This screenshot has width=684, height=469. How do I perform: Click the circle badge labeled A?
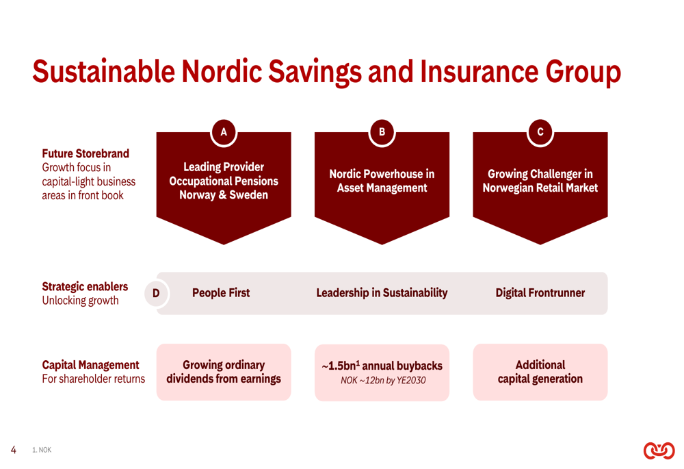pyautogui.click(x=224, y=132)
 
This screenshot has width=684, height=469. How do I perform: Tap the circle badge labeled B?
pyautogui.click(x=382, y=132)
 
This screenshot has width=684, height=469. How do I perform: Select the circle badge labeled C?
pyautogui.click(x=540, y=132)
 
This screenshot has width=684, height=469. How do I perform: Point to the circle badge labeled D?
pyautogui.click(x=156, y=293)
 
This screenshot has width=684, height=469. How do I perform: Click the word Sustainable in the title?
pyautogui.click(x=104, y=72)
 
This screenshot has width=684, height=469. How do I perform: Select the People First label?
pyautogui.click(x=221, y=293)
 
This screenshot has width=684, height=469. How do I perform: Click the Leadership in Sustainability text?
pyautogui.click(x=382, y=293)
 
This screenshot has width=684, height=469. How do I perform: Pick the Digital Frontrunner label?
pyautogui.click(x=540, y=293)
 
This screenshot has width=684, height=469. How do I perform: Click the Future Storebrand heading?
pyautogui.click(x=85, y=154)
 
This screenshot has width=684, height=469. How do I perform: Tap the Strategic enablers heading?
pyautogui.click(x=85, y=287)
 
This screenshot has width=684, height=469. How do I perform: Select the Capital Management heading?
pyautogui.click(x=90, y=365)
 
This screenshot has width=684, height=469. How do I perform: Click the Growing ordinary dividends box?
pyautogui.click(x=224, y=372)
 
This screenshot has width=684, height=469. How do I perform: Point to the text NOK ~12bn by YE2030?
pyautogui.click(x=383, y=381)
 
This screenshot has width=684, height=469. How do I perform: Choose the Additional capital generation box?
pyautogui.click(x=540, y=372)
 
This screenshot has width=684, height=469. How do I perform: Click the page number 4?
pyautogui.click(x=14, y=450)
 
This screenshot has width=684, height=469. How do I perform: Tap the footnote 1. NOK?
pyautogui.click(x=42, y=450)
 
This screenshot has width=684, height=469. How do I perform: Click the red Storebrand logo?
pyautogui.click(x=659, y=451)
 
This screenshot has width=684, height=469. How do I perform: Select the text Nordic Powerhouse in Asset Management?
pyautogui.click(x=382, y=181)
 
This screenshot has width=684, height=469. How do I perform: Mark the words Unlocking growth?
pyautogui.click(x=80, y=301)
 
